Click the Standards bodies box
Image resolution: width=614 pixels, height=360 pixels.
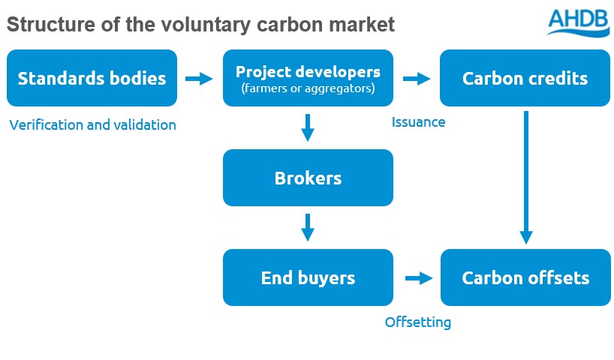(x=92, y=78)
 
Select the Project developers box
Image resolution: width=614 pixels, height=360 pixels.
(x=308, y=78)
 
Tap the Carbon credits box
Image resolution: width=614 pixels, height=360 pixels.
(x=525, y=78)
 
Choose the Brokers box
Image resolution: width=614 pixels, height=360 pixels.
(x=308, y=178)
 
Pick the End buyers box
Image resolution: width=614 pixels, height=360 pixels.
(x=308, y=277)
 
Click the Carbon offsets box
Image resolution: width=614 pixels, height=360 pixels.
(x=525, y=277)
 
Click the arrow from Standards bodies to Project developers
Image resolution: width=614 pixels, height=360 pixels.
(x=199, y=78)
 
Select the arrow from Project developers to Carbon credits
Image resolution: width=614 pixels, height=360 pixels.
(x=417, y=78)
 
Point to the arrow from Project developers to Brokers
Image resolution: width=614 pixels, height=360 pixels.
(x=307, y=127)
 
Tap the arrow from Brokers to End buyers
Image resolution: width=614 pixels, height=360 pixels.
(x=307, y=227)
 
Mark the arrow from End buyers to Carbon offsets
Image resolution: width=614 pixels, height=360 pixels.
(x=419, y=278)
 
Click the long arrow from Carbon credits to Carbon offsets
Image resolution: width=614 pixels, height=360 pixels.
(x=526, y=177)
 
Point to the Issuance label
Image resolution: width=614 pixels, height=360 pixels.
(x=418, y=122)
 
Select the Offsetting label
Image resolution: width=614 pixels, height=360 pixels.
(x=418, y=322)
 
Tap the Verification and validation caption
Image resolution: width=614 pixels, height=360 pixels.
(x=92, y=125)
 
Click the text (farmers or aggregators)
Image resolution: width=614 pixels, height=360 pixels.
(x=308, y=89)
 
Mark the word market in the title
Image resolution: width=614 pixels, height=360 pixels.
(x=363, y=25)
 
